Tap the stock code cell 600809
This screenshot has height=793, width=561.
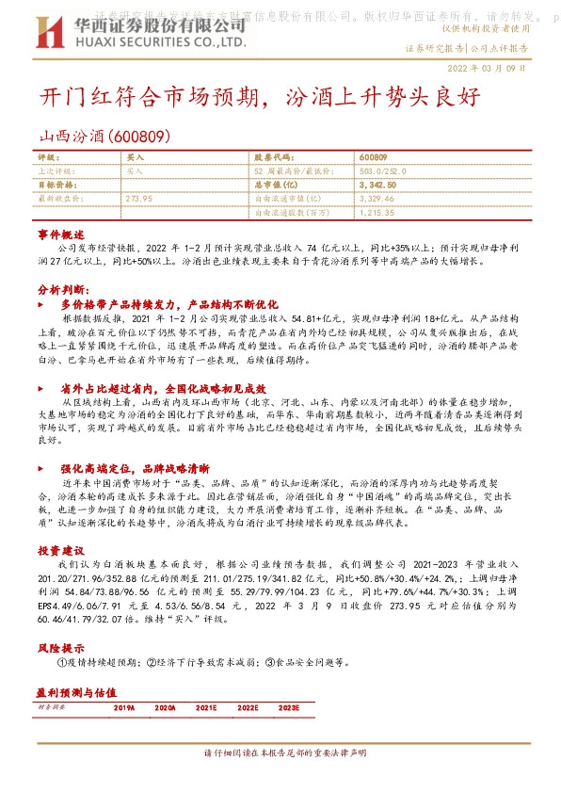pos(373,157)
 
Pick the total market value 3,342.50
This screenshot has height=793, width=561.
pos(377,186)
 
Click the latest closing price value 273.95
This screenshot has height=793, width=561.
pos(138,200)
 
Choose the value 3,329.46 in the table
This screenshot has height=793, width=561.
pos(377,200)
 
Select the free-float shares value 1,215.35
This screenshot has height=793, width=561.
pos(377,214)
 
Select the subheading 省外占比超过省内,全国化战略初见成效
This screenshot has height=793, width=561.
pos(164,388)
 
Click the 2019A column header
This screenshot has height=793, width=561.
pos(124,705)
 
